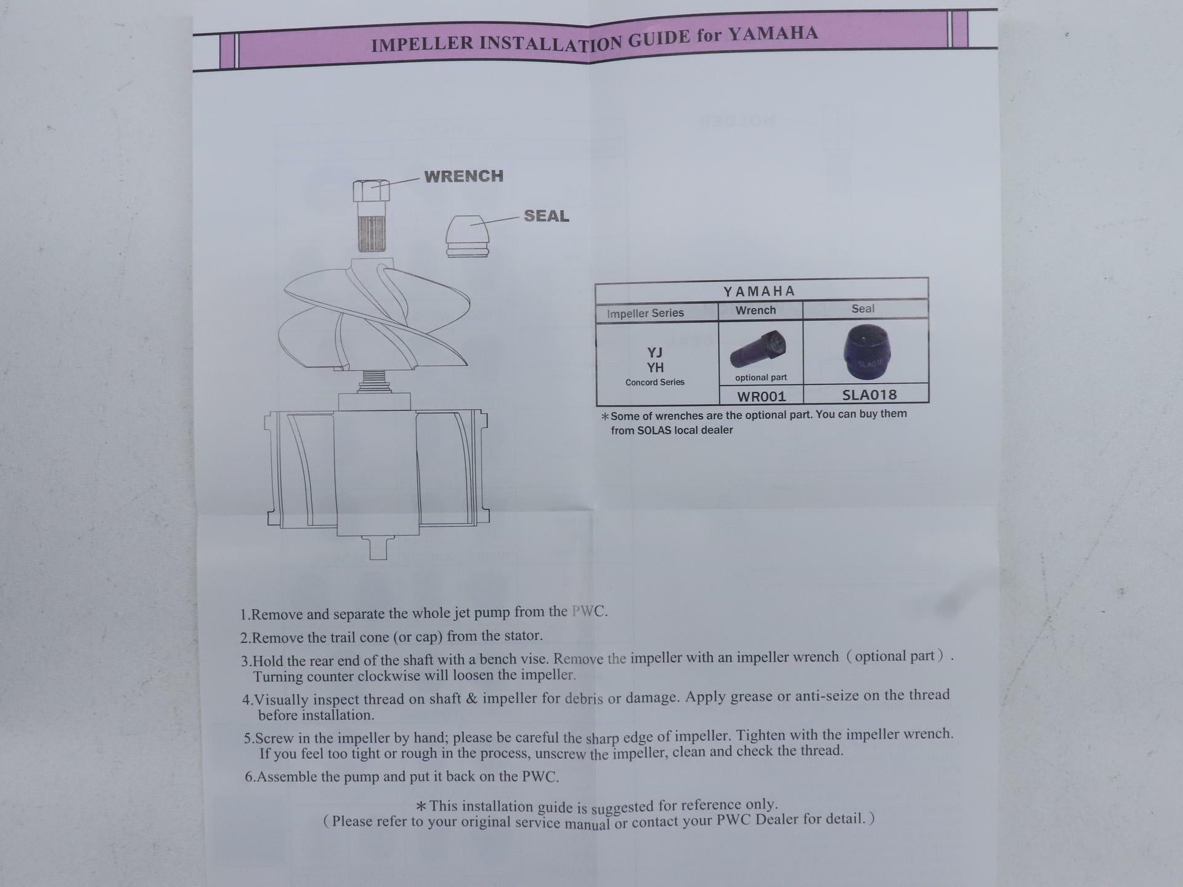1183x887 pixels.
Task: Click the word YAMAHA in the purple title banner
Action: click(x=773, y=33)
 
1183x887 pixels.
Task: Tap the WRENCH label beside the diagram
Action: click(x=464, y=176)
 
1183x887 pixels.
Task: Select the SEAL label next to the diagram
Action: click(x=547, y=216)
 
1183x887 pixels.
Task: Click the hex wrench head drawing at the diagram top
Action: click(x=371, y=190)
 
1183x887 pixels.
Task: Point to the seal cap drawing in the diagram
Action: click(x=467, y=236)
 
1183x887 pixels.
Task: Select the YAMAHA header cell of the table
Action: click(x=761, y=290)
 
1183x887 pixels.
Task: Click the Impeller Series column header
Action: click(x=645, y=313)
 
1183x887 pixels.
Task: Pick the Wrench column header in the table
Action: click(x=755, y=310)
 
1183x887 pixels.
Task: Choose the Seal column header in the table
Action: click(x=863, y=309)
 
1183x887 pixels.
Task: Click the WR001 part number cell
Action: click(x=762, y=395)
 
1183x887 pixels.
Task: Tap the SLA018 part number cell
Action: click(x=869, y=394)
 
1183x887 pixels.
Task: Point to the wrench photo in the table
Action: click(x=758, y=349)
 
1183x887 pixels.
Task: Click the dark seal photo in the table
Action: click(x=867, y=352)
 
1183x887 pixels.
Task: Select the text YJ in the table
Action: click(x=654, y=352)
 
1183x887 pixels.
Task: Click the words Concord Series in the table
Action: click(x=655, y=382)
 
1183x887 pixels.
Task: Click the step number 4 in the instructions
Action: click(x=247, y=700)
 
